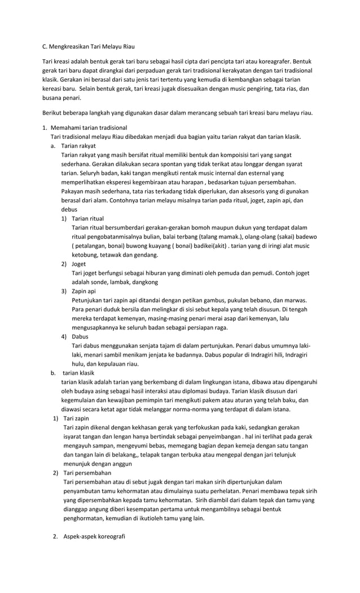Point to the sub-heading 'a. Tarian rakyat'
78,145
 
